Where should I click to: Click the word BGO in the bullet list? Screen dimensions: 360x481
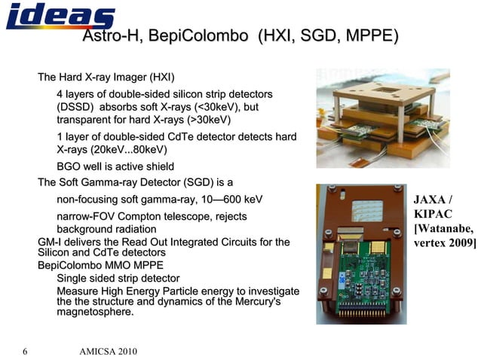click(69, 167)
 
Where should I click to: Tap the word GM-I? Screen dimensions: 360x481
click(51, 242)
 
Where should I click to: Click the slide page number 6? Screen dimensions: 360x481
click(25, 352)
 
